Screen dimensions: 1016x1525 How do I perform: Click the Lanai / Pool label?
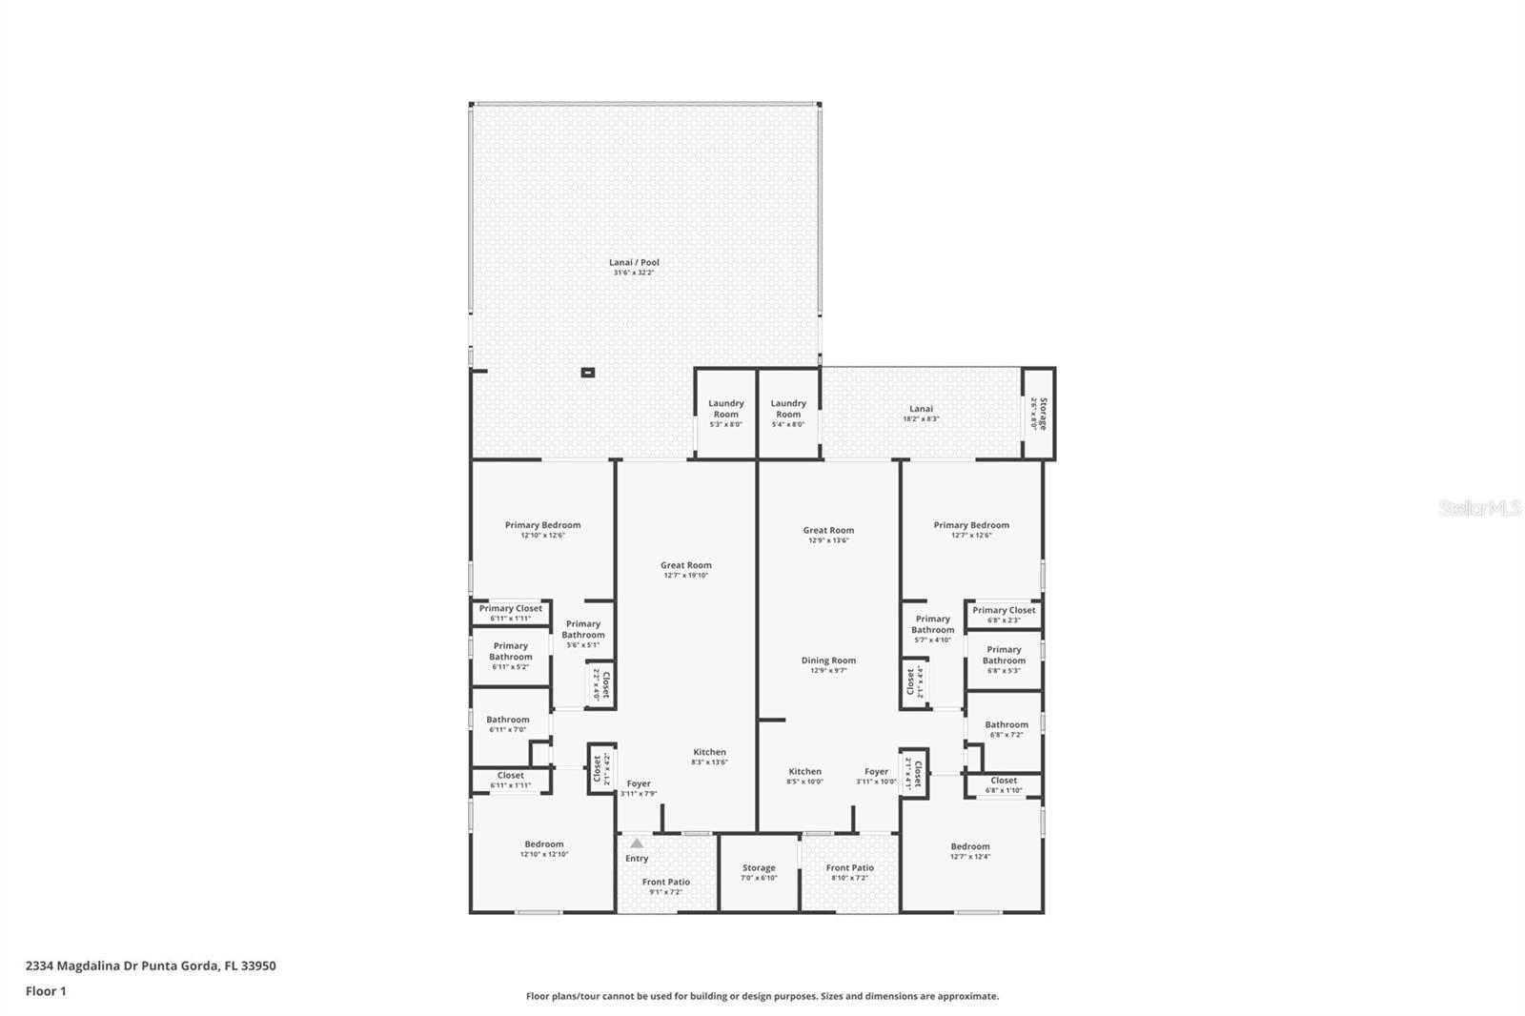click(x=634, y=267)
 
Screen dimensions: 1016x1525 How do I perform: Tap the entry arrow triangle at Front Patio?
click(x=637, y=843)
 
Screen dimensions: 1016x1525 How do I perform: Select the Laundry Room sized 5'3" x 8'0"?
click(x=725, y=413)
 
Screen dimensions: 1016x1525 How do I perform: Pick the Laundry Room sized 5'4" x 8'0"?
click(x=788, y=413)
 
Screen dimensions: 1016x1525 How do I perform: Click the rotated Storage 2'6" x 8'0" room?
click(x=1039, y=414)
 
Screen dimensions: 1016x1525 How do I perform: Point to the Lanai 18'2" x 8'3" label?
click(x=921, y=413)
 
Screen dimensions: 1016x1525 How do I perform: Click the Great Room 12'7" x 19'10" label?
click(x=686, y=570)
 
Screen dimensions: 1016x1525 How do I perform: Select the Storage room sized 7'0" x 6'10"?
click(x=759, y=872)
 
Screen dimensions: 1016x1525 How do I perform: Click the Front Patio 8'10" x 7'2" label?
click(x=849, y=872)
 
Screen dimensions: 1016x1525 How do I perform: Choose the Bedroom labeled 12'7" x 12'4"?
click(x=970, y=850)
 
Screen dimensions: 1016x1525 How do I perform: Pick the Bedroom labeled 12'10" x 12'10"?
click(x=544, y=848)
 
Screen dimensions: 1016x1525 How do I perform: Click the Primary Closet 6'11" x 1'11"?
click(x=511, y=613)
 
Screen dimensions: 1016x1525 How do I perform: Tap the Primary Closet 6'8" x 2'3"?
click(x=1004, y=614)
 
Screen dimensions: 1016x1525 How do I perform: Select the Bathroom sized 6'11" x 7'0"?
click(x=508, y=724)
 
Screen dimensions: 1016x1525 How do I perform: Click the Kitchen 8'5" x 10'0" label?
click(x=804, y=776)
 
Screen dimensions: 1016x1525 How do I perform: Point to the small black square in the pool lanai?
click(x=588, y=373)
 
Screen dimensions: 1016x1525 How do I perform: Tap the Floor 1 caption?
click(x=46, y=991)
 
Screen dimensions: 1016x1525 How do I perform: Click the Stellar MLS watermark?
click(x=1479, y=509)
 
